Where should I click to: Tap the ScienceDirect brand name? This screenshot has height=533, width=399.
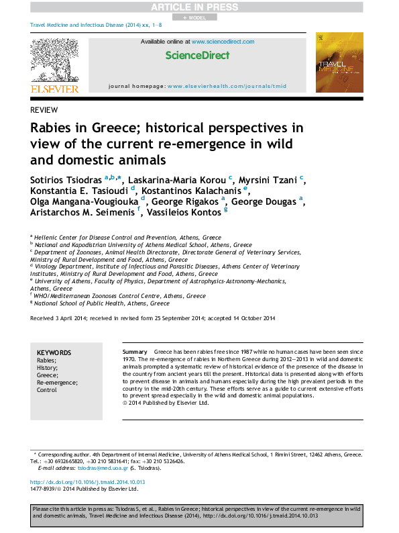coord(197,55)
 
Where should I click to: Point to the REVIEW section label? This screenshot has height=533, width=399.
coord(44,109)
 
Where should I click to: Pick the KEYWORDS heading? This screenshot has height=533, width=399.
coord(54,352)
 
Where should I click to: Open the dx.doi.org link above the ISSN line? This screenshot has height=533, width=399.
coord(88,482)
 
